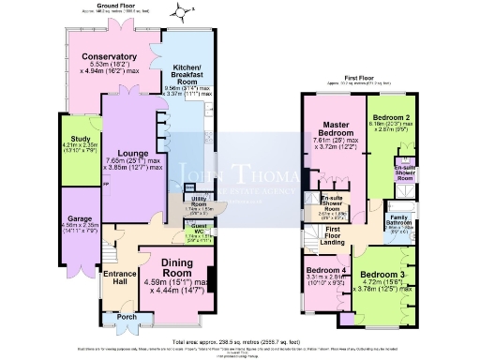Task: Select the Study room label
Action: pyautogui.click(x=68, y=136)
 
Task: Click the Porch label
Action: pyautogui.click(x=126, y=315)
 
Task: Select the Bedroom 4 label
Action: pyautogui.click(x=327, y=268)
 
